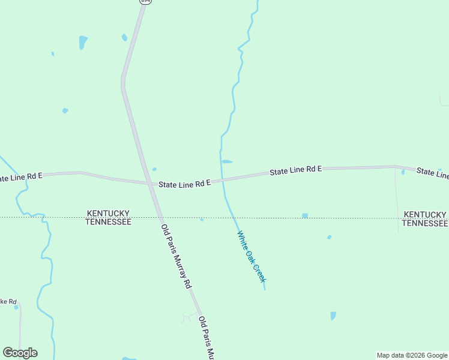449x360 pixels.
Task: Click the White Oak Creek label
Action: point(252,257)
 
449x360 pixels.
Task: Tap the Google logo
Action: point(20,353)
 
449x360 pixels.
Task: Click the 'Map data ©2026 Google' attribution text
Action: point(412,355)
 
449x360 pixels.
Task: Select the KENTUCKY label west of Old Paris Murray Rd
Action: point(108,214)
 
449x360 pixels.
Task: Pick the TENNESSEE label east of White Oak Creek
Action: point(424,223)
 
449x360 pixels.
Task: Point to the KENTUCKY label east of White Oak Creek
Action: point(425,214)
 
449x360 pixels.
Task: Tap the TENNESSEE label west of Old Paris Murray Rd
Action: point(108,222)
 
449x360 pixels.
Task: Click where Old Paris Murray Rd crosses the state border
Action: point(160,217)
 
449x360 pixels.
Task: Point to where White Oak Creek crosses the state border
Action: point(234,217)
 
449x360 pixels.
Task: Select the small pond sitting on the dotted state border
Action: point(305,215)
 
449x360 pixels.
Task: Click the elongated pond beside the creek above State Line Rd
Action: point(227,161)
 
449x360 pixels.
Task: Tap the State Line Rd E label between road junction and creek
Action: point(184,184)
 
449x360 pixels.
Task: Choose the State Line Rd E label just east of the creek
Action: point(295,171)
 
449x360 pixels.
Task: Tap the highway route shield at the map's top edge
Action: point(145,2)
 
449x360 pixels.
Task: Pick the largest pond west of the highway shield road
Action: point(83,42)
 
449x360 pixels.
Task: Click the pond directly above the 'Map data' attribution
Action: point(333,316)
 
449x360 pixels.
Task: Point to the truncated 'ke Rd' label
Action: point(8,301)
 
